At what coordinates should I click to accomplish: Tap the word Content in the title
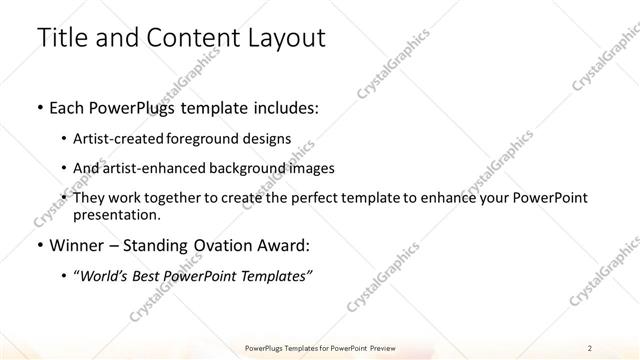(180, 39)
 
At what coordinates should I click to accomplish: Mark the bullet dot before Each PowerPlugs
(39, 107)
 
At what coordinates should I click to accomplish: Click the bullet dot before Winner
(39, 245)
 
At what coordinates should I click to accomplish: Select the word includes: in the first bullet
(283, 107)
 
